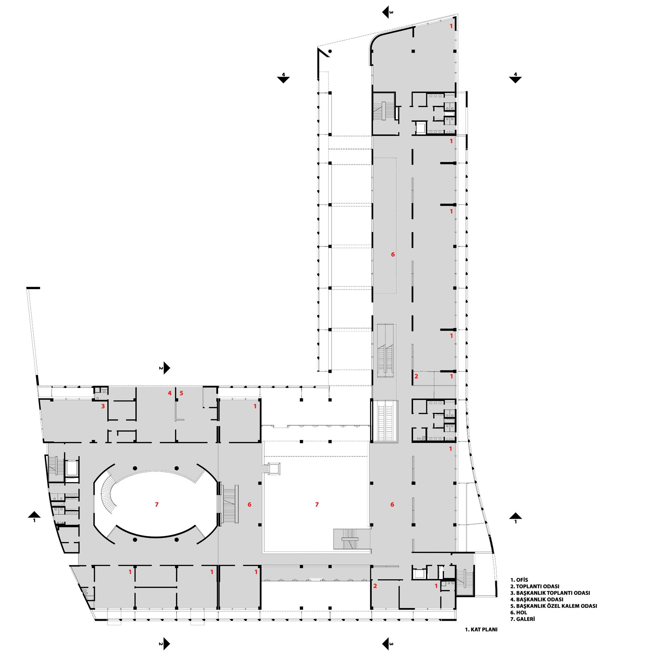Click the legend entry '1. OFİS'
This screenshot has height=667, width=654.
[x=519, y=580]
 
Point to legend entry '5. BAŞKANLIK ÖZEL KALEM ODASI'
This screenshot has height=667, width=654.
[x=553, y=606]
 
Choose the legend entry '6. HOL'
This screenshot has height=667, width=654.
[x=519, y=613]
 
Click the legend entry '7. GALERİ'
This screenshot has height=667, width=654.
[x=523, y=619]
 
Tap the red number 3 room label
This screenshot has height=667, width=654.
[x=103, y=406]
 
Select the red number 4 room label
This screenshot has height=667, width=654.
[x=170, y=393]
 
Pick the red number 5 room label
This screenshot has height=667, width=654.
[x=181, y=393]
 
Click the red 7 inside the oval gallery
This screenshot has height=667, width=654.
[x=157, y=504]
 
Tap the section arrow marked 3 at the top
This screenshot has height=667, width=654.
[x=387, y=12]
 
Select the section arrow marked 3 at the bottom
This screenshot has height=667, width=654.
[x=387, y=644]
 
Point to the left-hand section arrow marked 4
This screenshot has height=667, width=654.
[x=284, y=78]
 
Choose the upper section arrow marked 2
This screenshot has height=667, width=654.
[x=165, y=368]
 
